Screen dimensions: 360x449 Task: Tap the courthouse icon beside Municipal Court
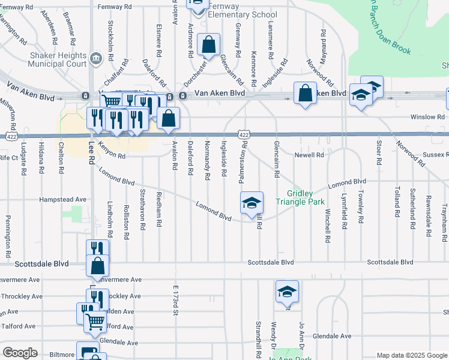(x=96, y=58)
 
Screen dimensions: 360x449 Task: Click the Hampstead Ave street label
(x=63, y=199)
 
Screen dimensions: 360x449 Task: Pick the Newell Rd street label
(x=309, y=155)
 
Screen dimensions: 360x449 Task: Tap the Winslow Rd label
(x=427, y=117)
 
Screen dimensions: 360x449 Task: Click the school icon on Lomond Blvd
(x=252, y=203)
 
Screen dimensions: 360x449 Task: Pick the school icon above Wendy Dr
(x=287, y=292)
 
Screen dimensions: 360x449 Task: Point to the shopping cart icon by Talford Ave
(x=94, y=322)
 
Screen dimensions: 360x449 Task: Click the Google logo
(x=20, y=353)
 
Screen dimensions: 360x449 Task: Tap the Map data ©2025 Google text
(x=411, y=355)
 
